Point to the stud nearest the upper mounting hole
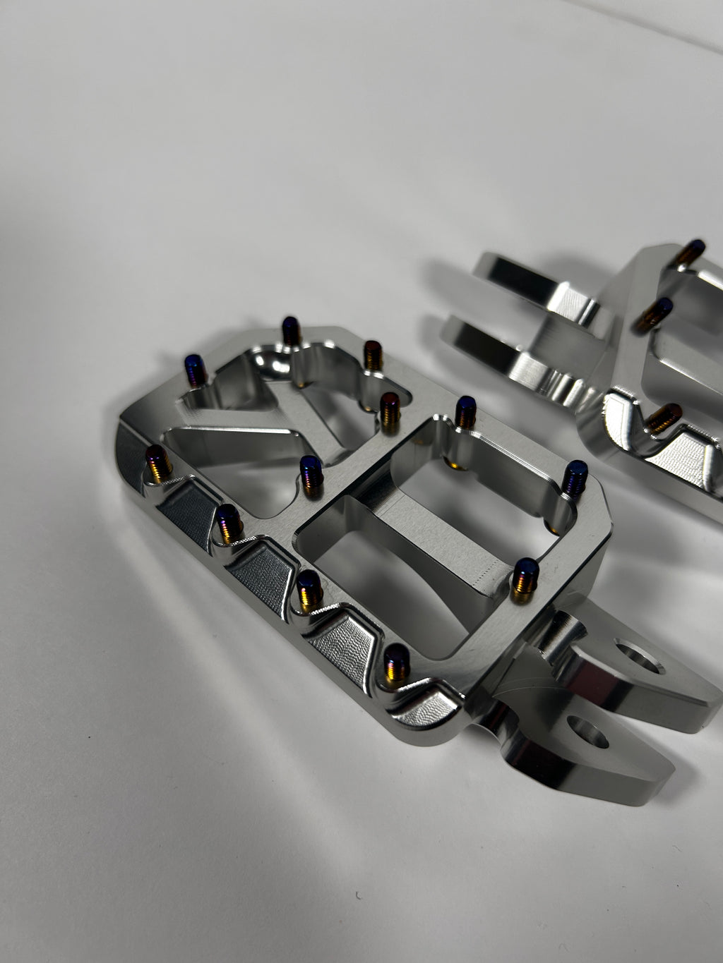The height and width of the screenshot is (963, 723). coord(525,579)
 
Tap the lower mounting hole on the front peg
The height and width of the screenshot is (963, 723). coord(587,731)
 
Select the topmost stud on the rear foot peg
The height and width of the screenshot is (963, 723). coord(689,254)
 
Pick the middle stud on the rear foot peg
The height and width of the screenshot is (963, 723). coord(652,313)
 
